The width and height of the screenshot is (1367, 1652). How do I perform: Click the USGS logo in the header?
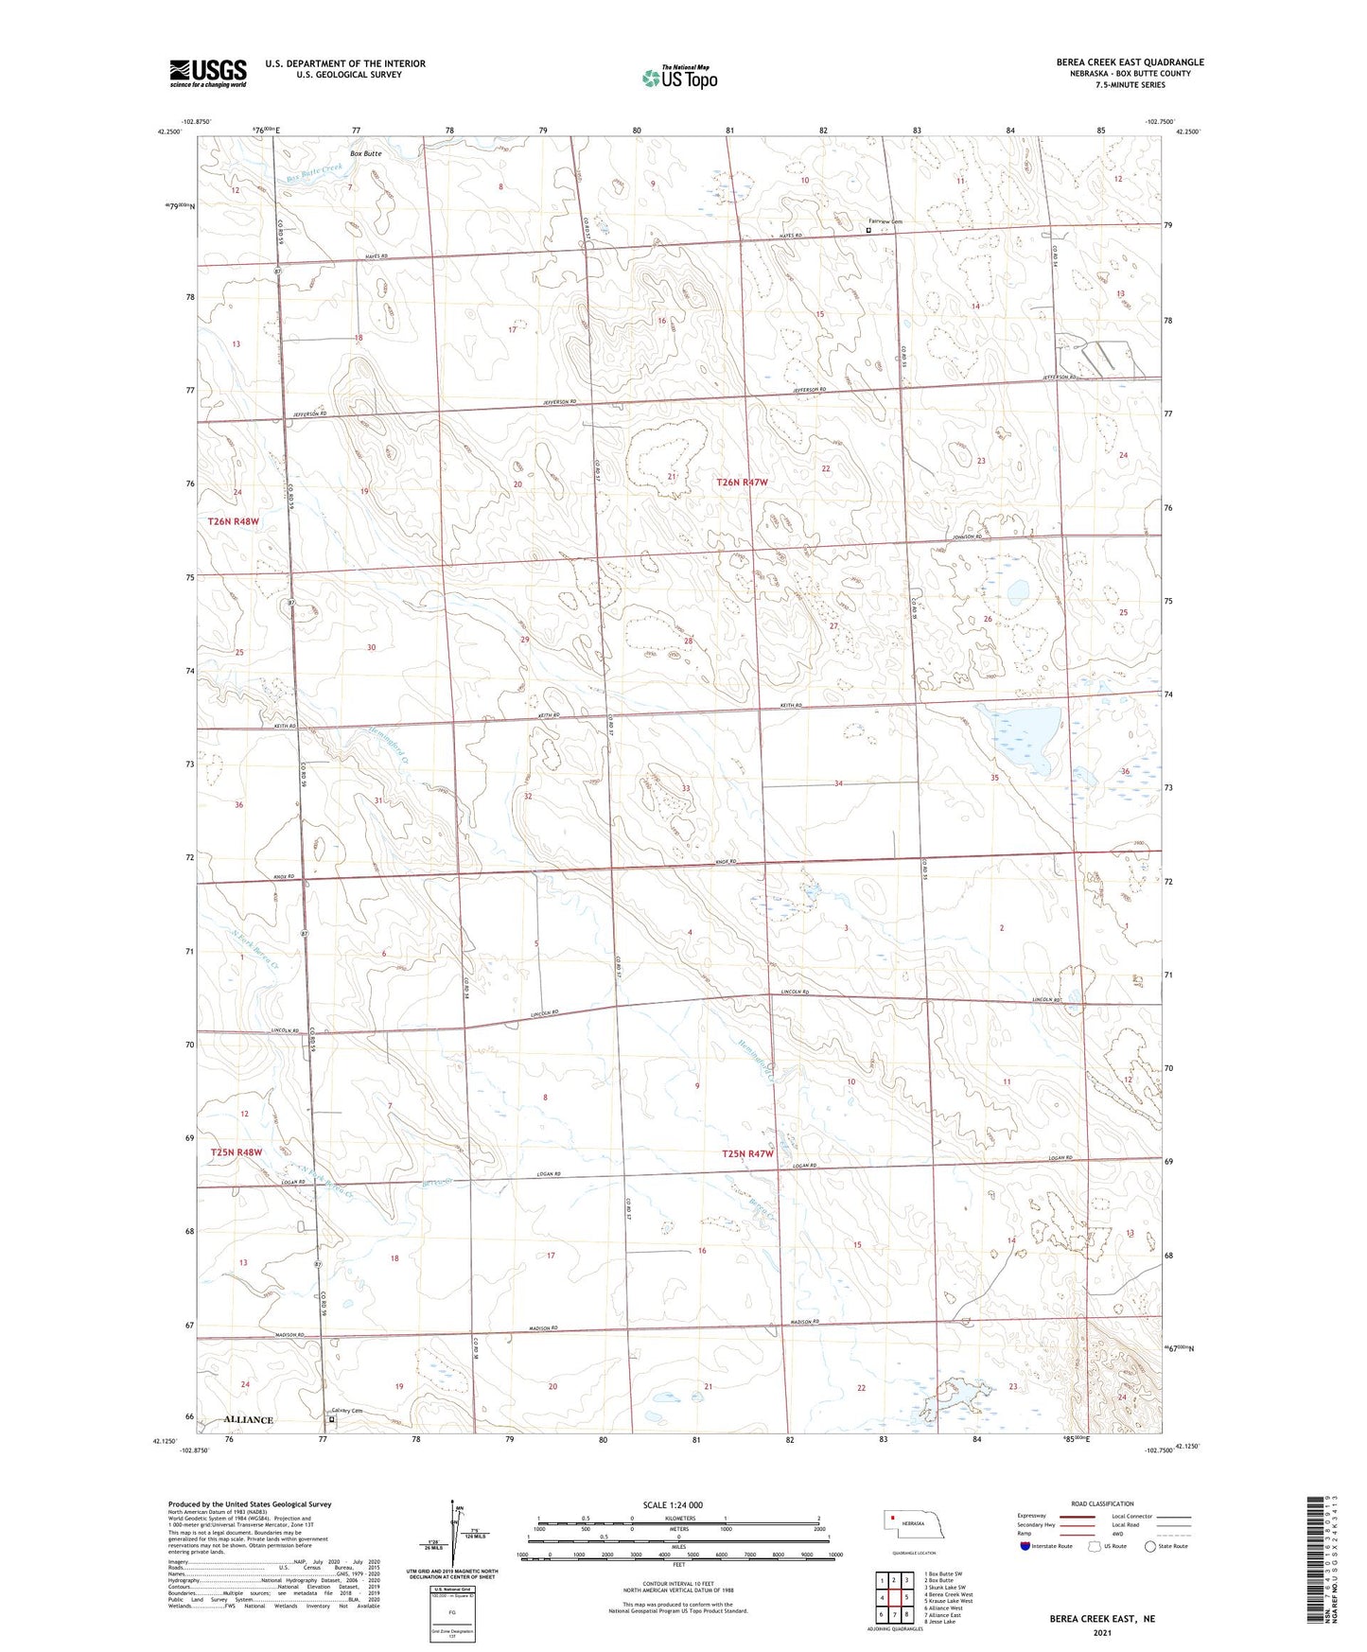click(x=208, y=72)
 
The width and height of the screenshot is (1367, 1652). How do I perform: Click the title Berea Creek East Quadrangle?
click(x=1130, y=62)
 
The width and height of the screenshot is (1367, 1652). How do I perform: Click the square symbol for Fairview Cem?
click(x=868, y=229)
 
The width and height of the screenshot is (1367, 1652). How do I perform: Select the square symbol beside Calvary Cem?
click(x=331, y=1419)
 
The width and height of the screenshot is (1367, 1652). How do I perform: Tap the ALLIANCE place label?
click(x=249, y=1419)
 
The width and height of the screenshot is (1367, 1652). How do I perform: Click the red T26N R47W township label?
click(x=743, y=483)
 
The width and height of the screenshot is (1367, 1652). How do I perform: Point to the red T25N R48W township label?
click(x=236, y=1152)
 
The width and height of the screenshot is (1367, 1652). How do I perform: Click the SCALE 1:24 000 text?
click(x=673, y=1504)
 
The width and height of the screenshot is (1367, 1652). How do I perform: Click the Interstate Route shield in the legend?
click(x=1026, y=1547)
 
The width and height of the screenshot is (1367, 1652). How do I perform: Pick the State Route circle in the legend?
click(x=1149, y=1547)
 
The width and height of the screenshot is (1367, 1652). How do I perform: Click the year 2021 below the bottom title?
click(x=1100, y=1633)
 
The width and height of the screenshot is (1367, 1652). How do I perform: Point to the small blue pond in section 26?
click(x=1017, y=592)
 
